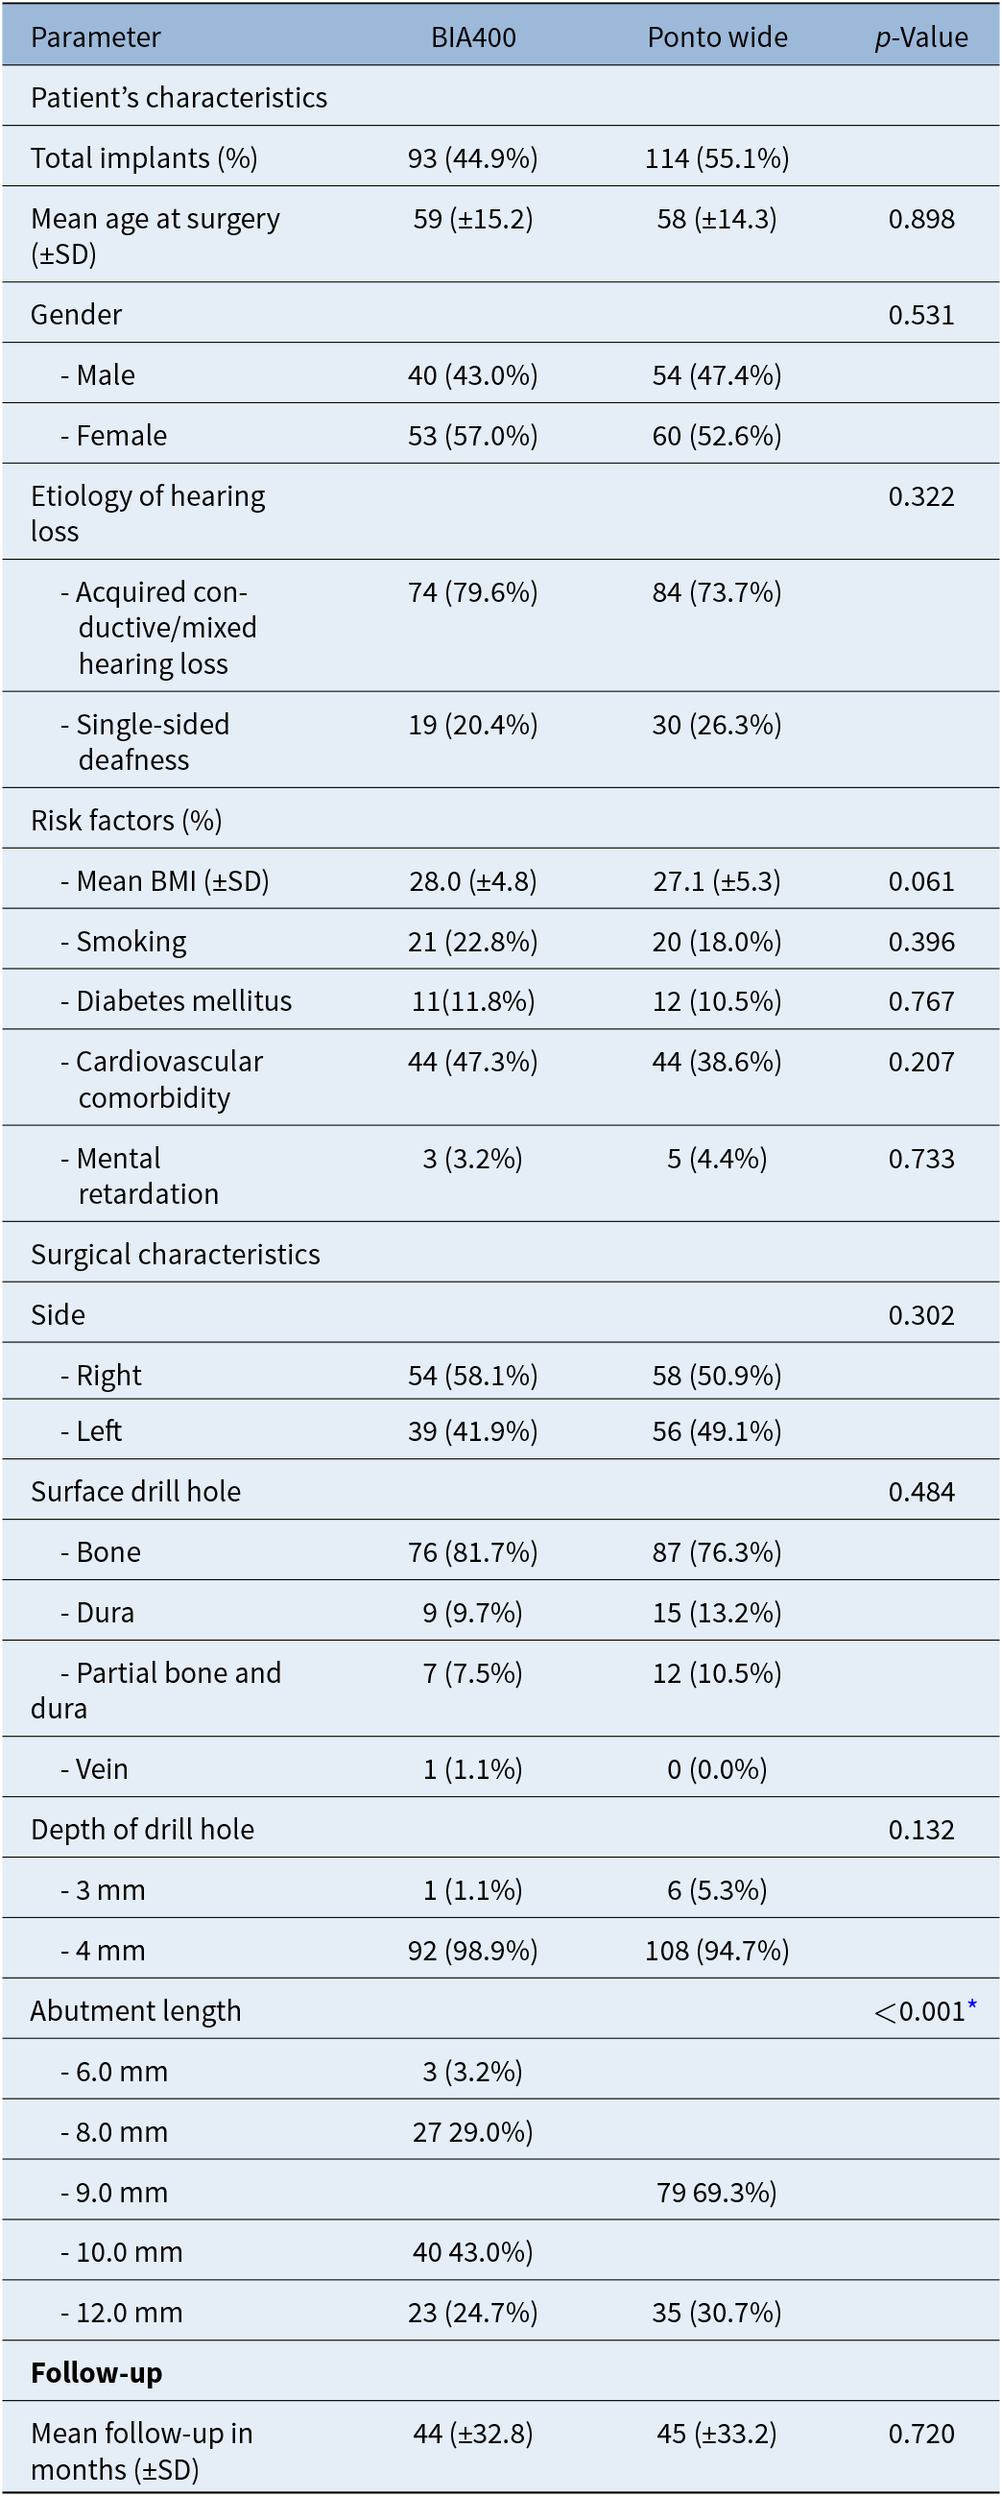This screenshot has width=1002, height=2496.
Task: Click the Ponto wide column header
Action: (x=717, y=36)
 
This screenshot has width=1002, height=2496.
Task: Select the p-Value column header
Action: (x=920, y=36)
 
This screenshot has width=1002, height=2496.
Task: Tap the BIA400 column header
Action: (x=473, y=36)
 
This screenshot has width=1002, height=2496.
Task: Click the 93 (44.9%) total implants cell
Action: (x=473, y=158)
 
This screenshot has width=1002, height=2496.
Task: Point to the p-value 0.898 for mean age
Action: (x=921, y=219)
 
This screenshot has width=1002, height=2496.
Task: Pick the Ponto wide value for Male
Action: (x=717, y=375)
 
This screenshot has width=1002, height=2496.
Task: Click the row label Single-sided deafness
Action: (x=145, y=741)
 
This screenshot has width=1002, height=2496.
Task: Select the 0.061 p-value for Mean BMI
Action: (x=921, y=880)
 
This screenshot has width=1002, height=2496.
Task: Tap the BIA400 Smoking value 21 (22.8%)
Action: (x=473, y=941)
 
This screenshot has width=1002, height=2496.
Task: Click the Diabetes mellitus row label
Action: (x=177, y=1001)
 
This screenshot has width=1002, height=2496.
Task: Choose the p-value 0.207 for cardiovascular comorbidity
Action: (x=921, y=1062)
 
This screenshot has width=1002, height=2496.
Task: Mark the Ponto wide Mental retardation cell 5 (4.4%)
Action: (x=717, y=1158)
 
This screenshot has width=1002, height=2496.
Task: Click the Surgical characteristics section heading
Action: (x=176, y=1254)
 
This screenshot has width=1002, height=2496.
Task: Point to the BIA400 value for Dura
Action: (x=473, y=1613)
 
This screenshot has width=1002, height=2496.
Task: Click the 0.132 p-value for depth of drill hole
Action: (x=921, y=1830)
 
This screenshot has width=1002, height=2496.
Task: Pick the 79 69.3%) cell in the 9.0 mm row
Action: (x=717, y=2192)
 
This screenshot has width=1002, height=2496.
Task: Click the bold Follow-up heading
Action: (x=97, y=2372)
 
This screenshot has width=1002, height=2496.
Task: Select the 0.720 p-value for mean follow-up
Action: (x=921, y=2433)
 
